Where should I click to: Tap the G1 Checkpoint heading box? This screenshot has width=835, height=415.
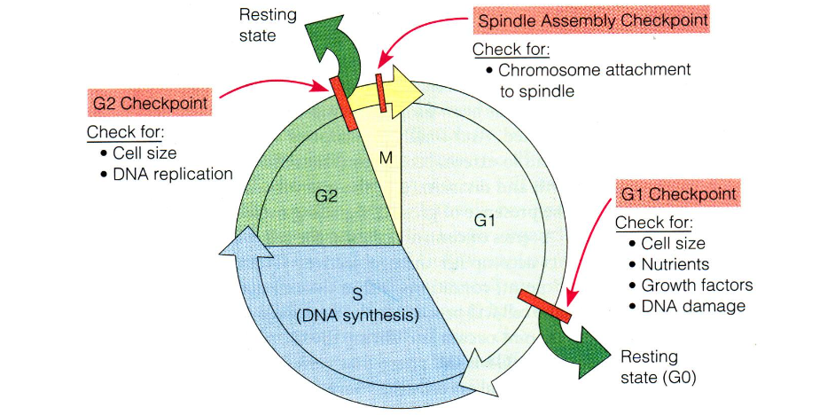[679, 192]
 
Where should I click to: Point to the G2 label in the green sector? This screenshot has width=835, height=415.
[327, 195]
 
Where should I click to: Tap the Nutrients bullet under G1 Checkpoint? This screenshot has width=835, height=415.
[675, 264]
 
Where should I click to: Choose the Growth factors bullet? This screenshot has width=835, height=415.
[696, 286]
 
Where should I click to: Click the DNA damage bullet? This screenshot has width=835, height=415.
[692, 307]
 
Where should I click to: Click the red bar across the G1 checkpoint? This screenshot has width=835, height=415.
[544, 306]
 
